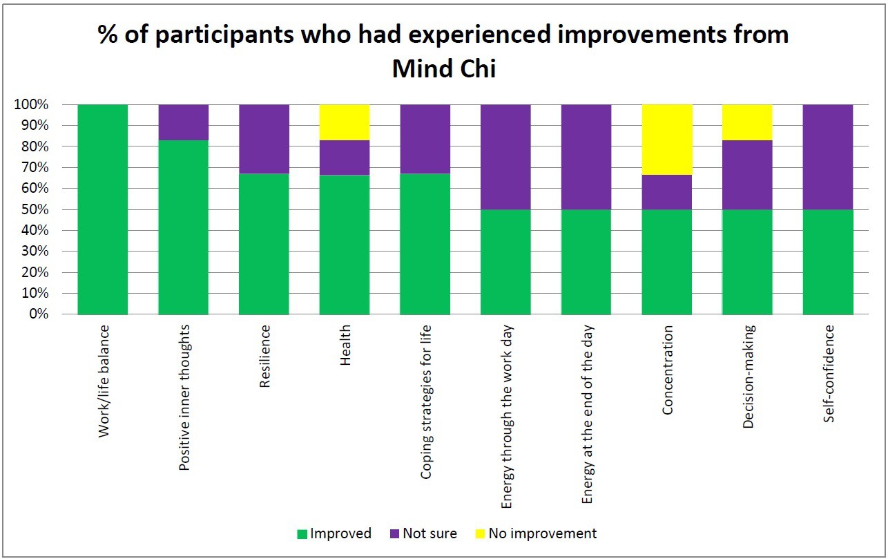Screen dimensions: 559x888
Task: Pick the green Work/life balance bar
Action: (x=102, y=209)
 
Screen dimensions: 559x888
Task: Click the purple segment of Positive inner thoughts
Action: (x=184, y=122)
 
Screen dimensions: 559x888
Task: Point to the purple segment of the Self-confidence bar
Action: (x=828, y=157)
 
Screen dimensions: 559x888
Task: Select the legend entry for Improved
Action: (x=334, y=533)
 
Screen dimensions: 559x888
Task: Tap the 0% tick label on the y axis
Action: (x=40, y=314)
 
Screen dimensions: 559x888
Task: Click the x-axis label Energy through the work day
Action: (x=506, y=417)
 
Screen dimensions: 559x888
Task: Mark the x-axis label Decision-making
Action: (x=748, y=377)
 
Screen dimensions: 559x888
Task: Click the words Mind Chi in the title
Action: (x=443, y=68)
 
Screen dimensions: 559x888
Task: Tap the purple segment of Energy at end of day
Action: (x=586, y=157)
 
